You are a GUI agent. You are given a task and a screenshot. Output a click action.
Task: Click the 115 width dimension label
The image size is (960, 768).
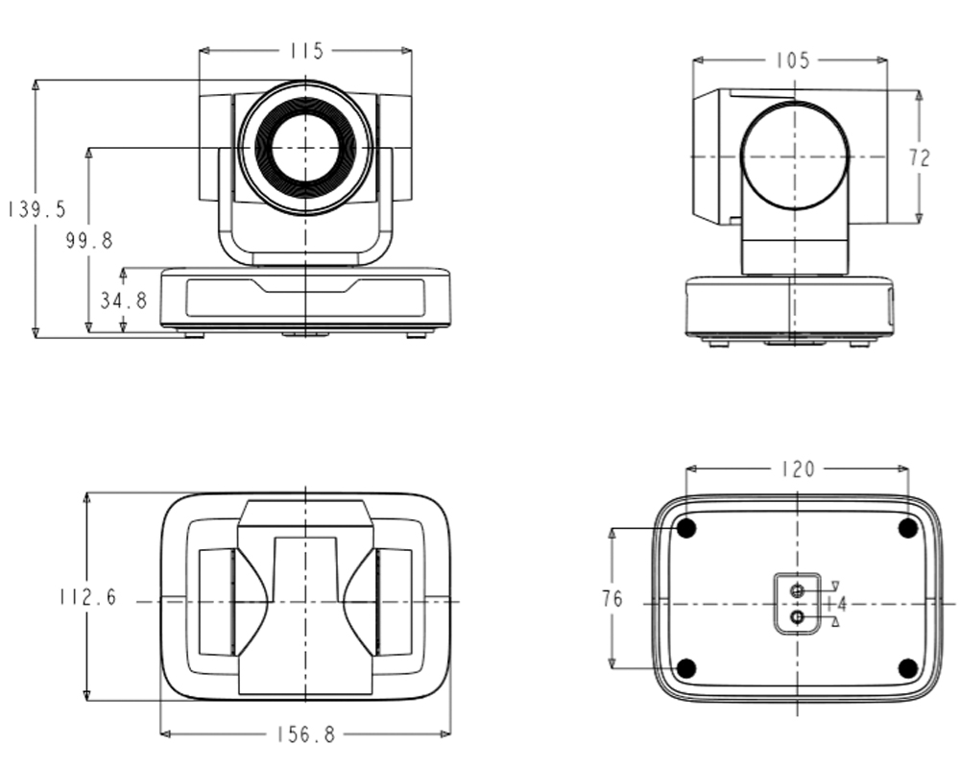tap(306, 51)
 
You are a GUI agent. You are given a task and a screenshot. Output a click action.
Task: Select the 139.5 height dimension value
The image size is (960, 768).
tap(36, 209)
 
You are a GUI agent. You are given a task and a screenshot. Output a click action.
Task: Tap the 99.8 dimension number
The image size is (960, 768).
tap(89, 240)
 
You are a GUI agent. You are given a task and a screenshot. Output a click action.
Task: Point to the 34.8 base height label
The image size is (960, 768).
tap(124, 300)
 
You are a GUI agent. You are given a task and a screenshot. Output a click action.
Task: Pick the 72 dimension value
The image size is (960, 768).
tap(919, 158)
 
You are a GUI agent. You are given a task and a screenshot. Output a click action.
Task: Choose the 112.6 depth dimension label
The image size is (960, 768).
tap(87, 596)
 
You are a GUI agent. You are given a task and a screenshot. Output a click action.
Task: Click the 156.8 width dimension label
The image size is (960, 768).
tap(306, 733)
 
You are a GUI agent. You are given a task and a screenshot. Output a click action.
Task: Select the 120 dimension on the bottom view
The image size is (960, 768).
tap(798, 469)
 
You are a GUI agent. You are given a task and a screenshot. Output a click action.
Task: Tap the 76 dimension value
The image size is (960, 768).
tap(612, 598)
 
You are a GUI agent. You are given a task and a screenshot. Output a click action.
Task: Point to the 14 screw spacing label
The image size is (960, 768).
tap(837, 604)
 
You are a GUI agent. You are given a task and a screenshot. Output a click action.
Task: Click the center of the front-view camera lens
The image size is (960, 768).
tap(305, 148)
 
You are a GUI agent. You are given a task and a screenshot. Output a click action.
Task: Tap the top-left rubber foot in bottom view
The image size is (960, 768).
tap(686, 527)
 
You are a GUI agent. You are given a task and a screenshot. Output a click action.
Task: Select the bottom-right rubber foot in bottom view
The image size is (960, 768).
tap(907, 668)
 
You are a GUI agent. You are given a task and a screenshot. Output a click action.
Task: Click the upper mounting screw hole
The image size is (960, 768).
tap(797, 591)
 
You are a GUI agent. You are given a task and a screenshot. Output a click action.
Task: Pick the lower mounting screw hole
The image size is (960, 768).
tap(797, 616)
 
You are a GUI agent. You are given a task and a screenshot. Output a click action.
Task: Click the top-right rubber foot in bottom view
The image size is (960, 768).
tap(907, 527)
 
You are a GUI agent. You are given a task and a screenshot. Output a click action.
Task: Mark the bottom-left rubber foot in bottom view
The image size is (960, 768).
tap(686, 668)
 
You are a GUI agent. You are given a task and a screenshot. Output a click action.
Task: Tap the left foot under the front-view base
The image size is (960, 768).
tap(195, 335)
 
